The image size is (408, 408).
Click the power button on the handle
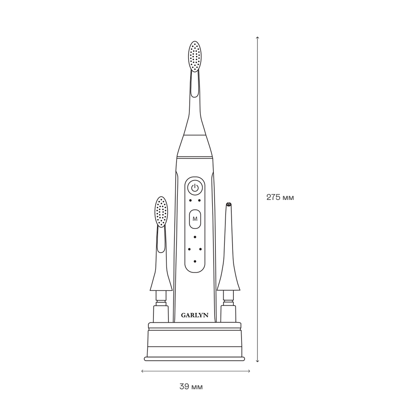pyautogui.click(x=195, y=187)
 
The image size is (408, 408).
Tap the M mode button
pyautogui.click(x=195, y=219)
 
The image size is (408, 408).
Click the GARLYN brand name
pyautogui.click(x=195, y=315)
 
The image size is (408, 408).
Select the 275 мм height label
pyautogui.click(x=280, y=197)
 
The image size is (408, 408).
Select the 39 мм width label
pyautogui.click(x=191, y=387)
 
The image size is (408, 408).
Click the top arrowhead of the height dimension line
pyautogui.click(x=257, y=38)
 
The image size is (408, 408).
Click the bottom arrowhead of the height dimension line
pyautogui.click(x=257, y=361)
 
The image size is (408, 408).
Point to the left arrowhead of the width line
pyautogui.click(x=142, y=371)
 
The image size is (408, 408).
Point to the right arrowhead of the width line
pyautogui.click(x=249, y=371)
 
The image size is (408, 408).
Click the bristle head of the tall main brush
pyautogui.click(x=195, y=56)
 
